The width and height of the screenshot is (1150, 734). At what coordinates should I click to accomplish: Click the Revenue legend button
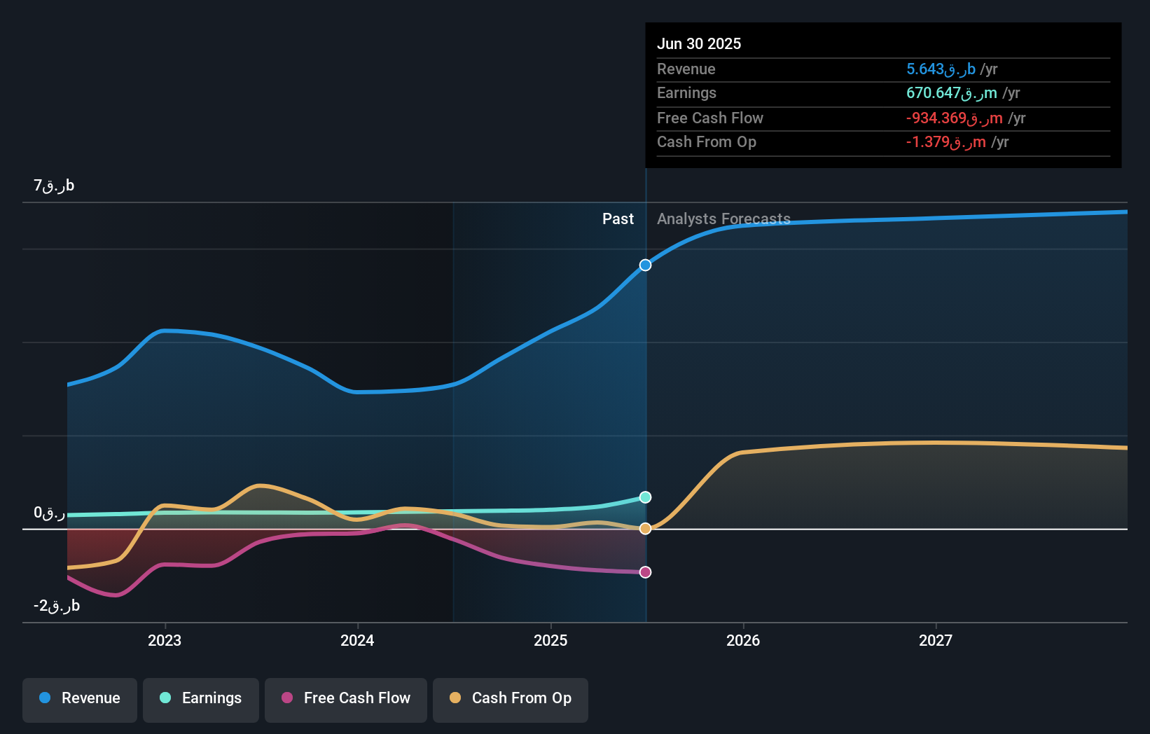coord(80,698)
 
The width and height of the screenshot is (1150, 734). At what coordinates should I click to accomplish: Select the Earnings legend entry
coord(201,698)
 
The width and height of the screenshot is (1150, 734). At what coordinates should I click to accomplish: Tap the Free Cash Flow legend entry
coord(346,698)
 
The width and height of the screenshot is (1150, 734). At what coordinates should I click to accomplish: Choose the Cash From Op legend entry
coord(511,698)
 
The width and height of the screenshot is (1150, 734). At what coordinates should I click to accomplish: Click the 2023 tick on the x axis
coord(165,640)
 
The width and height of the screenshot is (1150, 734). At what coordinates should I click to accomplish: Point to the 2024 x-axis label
coord(357,640)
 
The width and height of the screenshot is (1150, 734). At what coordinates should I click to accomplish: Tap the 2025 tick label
coord(550,640)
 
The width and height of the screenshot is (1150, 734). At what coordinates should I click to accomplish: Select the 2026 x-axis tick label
coord(743,640)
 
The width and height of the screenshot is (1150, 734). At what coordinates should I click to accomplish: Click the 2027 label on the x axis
coord(936,640)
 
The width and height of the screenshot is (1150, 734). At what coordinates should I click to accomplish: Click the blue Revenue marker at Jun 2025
coord(646,265)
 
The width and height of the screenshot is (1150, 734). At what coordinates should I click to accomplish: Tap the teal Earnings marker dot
coord(646,497)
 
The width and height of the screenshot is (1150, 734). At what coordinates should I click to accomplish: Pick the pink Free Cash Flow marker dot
coord(646,572)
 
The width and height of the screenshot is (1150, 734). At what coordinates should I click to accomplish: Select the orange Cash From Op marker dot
coord(646,529)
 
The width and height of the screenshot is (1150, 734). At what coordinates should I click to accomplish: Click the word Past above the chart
coord(618,219)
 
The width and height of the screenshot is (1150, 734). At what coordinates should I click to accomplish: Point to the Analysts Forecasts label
coord(723,219)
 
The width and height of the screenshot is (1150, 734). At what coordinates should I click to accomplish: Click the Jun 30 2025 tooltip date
coord(698,43)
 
